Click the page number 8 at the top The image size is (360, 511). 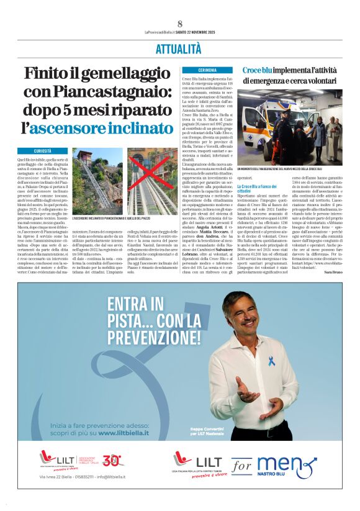(x=180, y=24)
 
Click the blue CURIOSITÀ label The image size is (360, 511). (x=43, y=151)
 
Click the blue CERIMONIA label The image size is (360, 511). (x=207, y=70)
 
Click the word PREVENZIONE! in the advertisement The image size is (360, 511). (x=154, y=337)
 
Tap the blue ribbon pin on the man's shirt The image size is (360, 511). (x=254, y=360)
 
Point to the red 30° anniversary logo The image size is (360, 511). (x=112, y=460)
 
